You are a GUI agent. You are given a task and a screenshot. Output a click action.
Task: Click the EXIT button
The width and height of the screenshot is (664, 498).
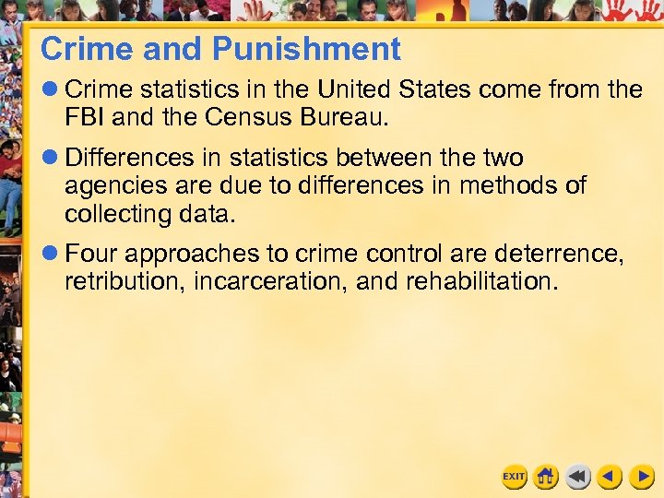pos(514,477)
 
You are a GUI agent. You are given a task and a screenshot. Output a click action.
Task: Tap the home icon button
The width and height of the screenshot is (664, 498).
pos(546,477)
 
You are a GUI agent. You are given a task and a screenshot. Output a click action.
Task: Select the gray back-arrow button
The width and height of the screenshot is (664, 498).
pos(578,477)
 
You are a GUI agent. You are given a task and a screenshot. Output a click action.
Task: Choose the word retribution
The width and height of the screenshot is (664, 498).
pos(125,281)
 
